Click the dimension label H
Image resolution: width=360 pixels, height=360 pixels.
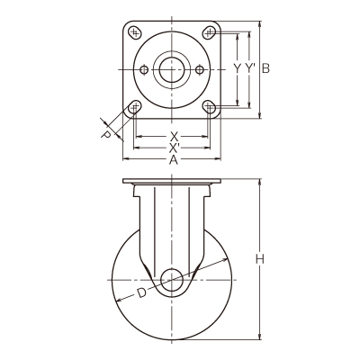(x=260, y=258)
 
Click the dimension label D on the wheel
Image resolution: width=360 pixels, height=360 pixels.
(x=141, y=292)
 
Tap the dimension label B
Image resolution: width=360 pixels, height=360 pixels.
(x=265, y=68)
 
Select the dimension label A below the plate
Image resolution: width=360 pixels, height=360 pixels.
(x=174, y=161)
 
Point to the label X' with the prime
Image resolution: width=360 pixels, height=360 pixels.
(x=175, y=148)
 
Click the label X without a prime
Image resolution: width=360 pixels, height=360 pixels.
(x=174, y=137)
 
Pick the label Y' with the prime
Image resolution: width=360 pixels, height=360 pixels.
(x=249, y=68)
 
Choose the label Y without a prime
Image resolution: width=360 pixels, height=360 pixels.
(x=238, y=68)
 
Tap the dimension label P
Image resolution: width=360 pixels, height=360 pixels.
(x=105, y=135)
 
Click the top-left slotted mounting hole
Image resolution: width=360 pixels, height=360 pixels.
(x=135, y=32)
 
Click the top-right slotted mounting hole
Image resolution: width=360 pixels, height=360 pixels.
(x=209, y=32)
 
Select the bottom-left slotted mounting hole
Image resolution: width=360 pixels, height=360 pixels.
(x=135, y=107)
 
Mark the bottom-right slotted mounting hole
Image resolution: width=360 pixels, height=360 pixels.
(x=209, y=107)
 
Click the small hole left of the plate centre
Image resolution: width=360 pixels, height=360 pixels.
(x=144, y=70)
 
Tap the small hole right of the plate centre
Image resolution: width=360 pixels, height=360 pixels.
(x=200, y=70)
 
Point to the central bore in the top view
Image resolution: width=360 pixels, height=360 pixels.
(x=172, y=70)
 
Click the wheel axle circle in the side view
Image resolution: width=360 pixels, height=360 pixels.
(x=172, y=280)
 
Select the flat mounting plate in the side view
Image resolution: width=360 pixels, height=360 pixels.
(x=172, y=181)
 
